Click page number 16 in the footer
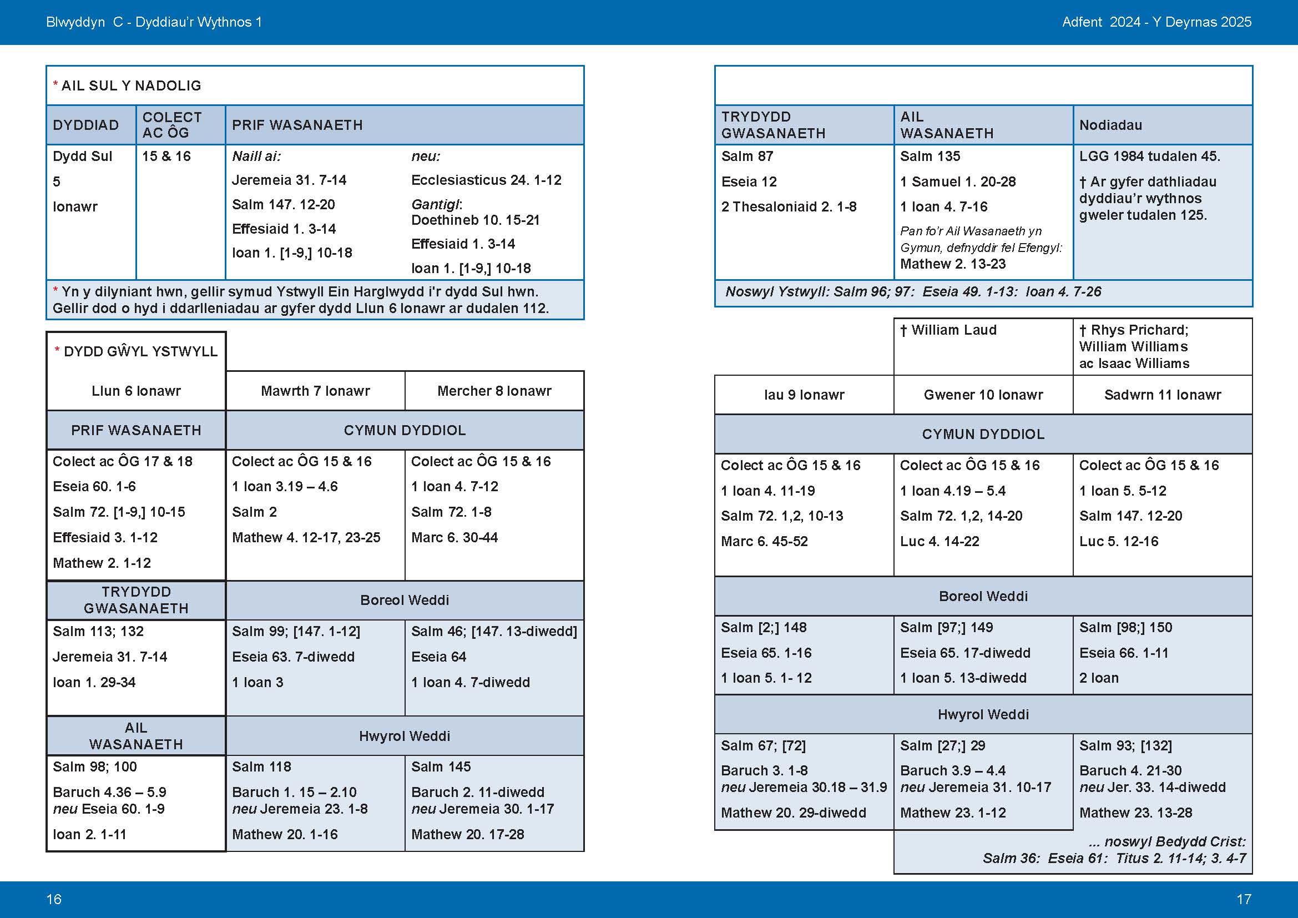pos(54,899)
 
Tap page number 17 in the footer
pos(1244,899)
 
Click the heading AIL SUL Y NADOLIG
pos(130,86)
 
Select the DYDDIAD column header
pos(86,125)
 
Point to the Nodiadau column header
pos(1110,125)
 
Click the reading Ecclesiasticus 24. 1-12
pos(486,180)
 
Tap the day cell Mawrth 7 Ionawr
pos(315,391)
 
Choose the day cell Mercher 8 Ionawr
pos(494,391)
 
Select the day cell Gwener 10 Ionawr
pos(983,395)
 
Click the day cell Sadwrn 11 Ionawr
pos(1163,395)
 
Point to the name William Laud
pos(953,330)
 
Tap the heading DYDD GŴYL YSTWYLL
pos(140,351)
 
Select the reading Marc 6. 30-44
pos(454,538)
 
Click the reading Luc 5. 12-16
pos(1118,542)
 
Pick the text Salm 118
pos(261,767)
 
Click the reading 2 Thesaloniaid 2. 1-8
pos(789,207)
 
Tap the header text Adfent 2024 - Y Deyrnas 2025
pos(1156,22)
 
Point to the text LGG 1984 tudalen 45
pos(1149,157)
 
